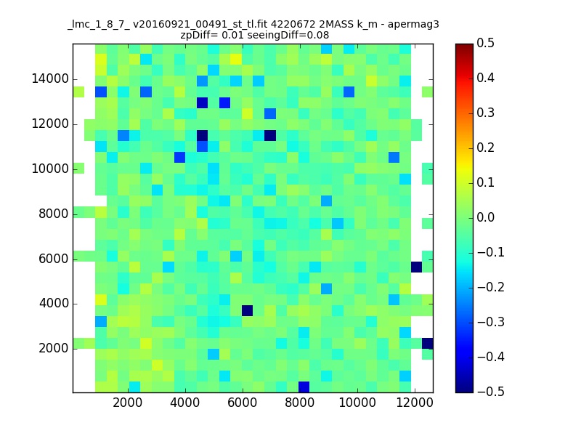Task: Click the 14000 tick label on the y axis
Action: (50, 79)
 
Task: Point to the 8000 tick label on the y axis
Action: (53, 214)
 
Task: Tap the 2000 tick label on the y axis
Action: (53, 348)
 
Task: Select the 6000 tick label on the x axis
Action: (243, 403)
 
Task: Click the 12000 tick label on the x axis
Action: (415, 403)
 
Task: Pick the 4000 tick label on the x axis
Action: (185, 403)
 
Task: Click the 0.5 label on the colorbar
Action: (485, 43)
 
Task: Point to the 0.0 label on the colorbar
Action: (485, 217)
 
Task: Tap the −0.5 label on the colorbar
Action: (491, 392)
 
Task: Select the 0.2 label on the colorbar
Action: (485, 148)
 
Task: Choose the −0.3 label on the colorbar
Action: (491, 322)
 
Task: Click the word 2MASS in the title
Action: (335, 25)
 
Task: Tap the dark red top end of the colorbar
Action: (464, 46)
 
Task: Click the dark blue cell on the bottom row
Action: (304, 387)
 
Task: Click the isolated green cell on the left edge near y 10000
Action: (78, 169)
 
